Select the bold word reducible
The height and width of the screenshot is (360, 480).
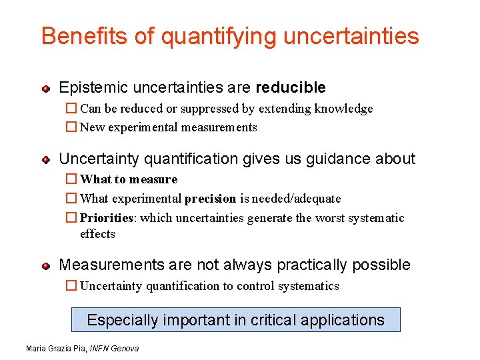(291, 87)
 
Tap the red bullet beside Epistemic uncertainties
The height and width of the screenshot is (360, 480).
(46, 88)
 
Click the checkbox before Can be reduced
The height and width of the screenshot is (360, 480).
(71, 109)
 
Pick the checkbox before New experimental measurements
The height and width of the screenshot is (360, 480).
(71, 127)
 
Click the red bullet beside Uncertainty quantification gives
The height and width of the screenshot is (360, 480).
(46, 159)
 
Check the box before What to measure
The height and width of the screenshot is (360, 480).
(71, 179)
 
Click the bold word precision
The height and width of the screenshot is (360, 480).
(210, 199)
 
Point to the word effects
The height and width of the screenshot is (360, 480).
(97, 234)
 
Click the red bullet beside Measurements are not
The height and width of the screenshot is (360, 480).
(46, 265)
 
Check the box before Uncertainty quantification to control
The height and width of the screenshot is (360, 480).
(71, 286)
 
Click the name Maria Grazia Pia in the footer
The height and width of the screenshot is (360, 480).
(56, 349)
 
